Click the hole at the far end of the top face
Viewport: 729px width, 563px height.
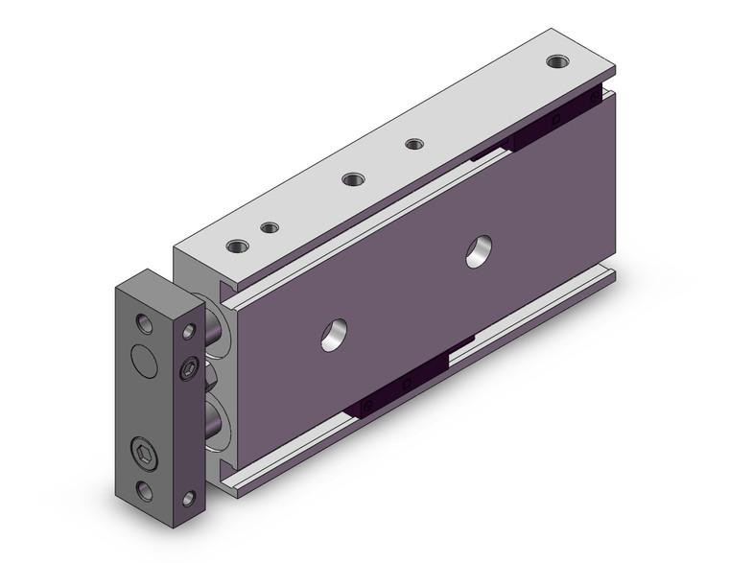556,62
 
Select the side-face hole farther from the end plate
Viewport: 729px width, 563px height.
476,254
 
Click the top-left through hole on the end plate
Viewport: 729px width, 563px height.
143,322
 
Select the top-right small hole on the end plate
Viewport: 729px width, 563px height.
190,332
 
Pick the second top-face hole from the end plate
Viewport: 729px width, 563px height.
270,227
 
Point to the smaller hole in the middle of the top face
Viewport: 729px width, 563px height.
414,145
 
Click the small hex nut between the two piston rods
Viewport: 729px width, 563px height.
212,376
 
